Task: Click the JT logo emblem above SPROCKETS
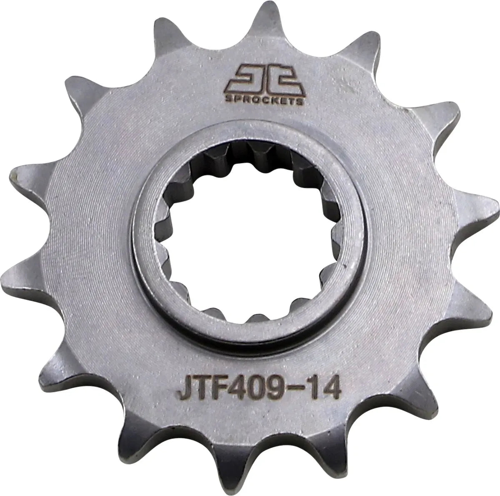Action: pos(264,79)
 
